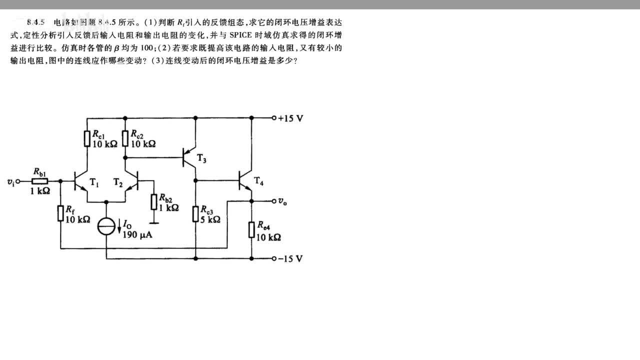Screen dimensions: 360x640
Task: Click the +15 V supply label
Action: click(291, 118)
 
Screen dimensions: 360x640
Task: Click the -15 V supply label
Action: click(291, 259)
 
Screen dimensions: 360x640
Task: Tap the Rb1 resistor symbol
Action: click(40, 181)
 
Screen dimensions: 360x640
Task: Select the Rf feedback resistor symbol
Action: click(60, 213)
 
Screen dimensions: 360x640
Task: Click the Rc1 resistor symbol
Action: click(87, 138)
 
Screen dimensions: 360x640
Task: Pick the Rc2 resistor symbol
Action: click(125, 138)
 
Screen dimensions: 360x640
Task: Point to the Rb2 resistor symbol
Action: click(155, 201)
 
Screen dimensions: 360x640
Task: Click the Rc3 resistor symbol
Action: click(195, 213)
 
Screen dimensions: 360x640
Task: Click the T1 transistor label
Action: click(94, 183)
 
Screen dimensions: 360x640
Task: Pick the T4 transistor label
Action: click(258, 180)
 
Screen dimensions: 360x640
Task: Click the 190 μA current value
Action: click(137, 234)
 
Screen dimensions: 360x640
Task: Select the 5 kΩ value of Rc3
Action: click(210, 219)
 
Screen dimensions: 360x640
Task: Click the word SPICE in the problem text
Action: click(242, 36)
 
